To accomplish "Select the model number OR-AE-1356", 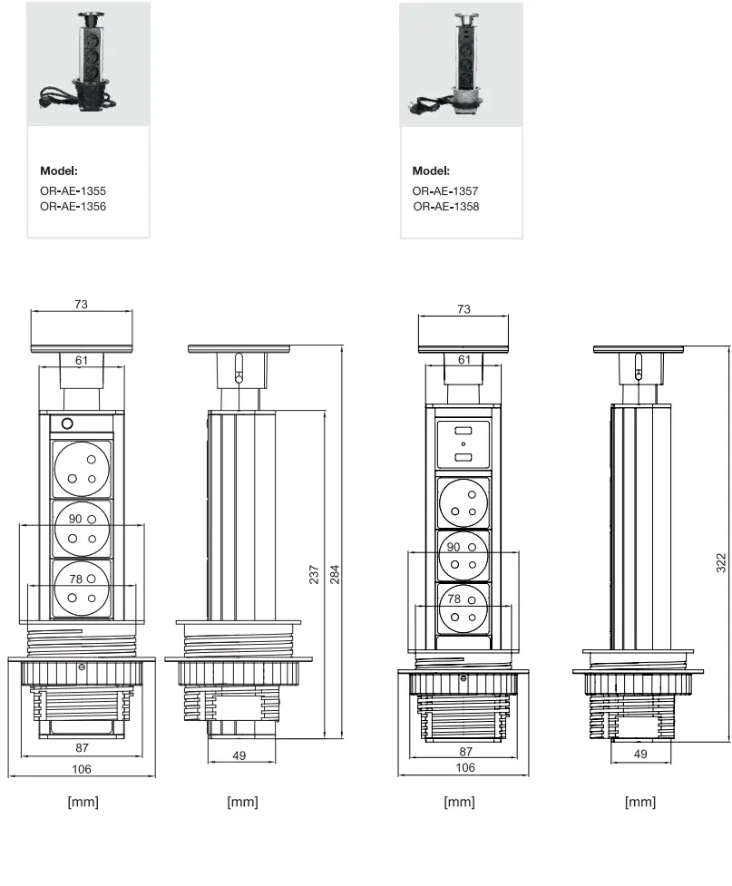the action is pos(73,207).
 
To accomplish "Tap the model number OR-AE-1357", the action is pos(445,191).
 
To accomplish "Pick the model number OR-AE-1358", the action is pos(446,207).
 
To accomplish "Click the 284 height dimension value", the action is pos(334,574).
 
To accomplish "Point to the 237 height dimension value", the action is pos(314,574).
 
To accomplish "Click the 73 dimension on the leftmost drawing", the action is pos(82,305).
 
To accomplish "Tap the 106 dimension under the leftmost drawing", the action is pos(82,769).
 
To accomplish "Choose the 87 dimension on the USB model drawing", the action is pos(465,751).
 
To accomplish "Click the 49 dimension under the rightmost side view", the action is pos(640,753).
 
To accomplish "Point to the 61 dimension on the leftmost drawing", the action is pos(82,361).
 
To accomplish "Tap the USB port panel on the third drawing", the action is pos(464,445).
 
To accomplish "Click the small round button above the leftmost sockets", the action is pos(66,423).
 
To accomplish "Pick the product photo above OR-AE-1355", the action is pos(88,63).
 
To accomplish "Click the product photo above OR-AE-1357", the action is pos(461,63).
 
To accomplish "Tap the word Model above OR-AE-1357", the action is pos(431,170).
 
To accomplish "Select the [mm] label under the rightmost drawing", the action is pos(640,802).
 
